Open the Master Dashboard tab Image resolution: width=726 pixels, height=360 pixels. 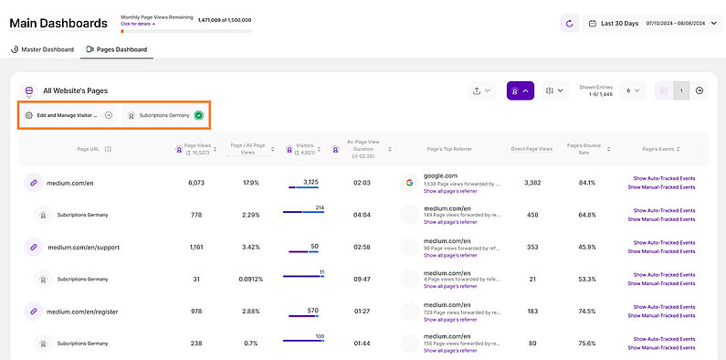coord(41,49)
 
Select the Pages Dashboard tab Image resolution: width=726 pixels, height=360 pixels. coord(116,49)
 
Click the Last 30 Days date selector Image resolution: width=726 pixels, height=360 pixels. coord(648,23)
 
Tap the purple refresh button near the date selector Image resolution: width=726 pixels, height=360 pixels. coord(569,23)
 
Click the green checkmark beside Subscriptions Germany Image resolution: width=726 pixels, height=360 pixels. coord(198,116)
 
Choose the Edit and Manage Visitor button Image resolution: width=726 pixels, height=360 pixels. coord(68,116)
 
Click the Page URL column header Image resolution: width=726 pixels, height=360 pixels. coord(94,149)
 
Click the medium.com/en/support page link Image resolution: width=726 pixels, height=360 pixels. coord(83,247)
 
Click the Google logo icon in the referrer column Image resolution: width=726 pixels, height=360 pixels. coord(410,183)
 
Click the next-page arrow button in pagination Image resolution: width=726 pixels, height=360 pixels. coord(700,90)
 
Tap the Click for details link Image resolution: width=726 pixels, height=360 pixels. coord(139,24)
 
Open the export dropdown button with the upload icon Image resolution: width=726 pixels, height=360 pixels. coord(482,90)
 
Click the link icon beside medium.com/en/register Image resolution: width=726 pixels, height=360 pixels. coord(34,311)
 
